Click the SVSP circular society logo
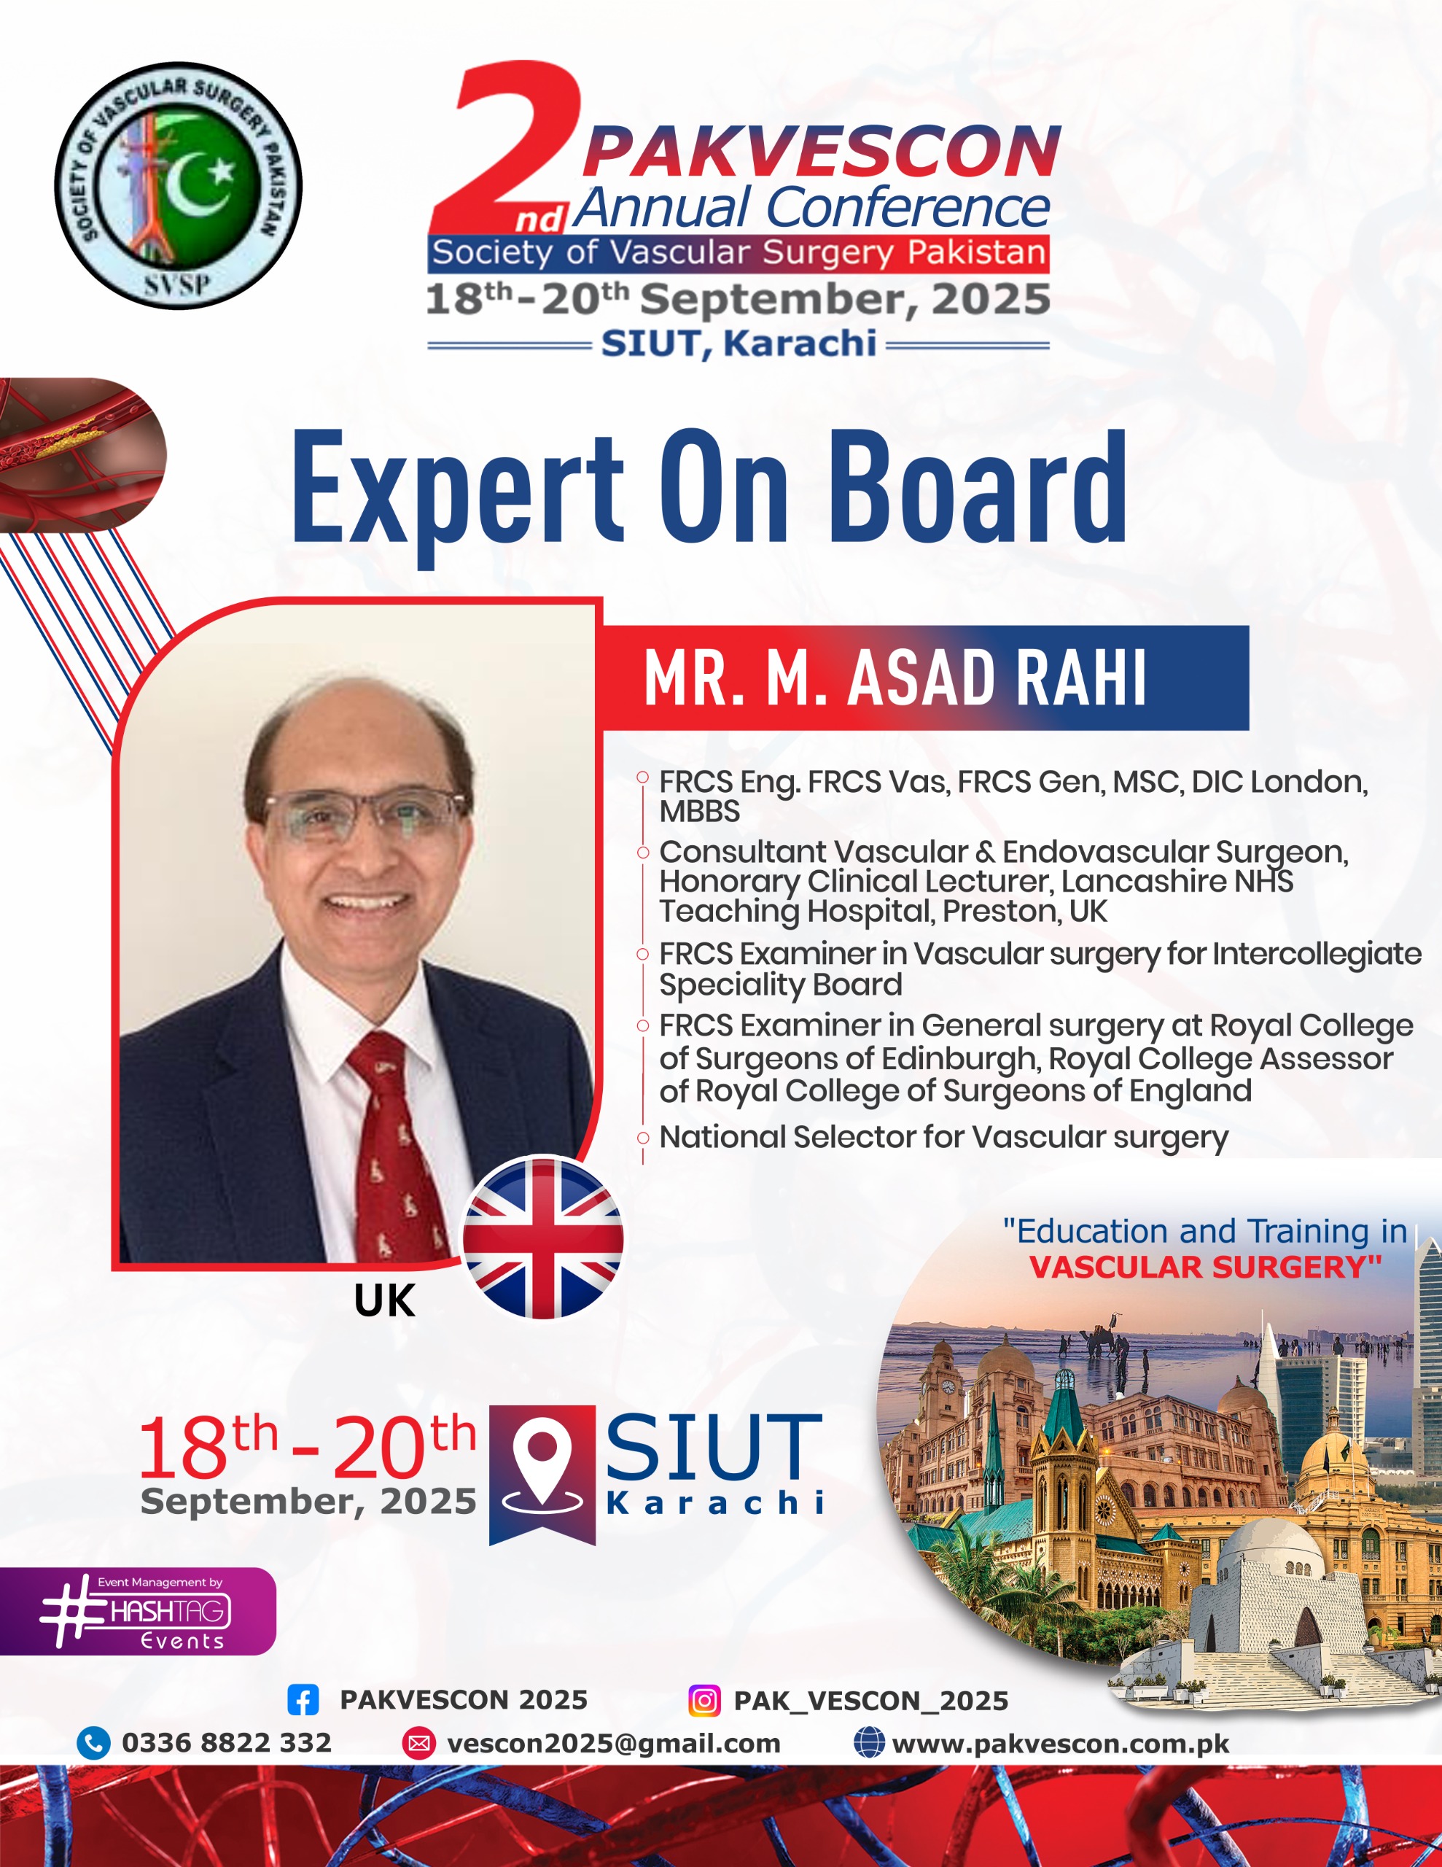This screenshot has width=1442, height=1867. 178,185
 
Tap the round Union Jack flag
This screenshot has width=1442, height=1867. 543,1238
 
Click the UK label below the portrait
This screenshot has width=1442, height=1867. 385,1301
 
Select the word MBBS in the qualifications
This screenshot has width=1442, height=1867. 699,811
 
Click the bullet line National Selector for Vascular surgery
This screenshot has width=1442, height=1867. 943,1138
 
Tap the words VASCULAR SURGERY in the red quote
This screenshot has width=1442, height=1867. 1205,1267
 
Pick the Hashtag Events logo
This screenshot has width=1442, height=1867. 137,1612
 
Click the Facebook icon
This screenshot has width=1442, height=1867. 303,1700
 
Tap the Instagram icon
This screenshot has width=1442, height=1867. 704,1700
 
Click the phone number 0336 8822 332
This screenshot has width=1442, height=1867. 227,1743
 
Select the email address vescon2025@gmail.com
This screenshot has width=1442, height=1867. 614,1744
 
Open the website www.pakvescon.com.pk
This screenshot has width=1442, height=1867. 1061,1744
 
